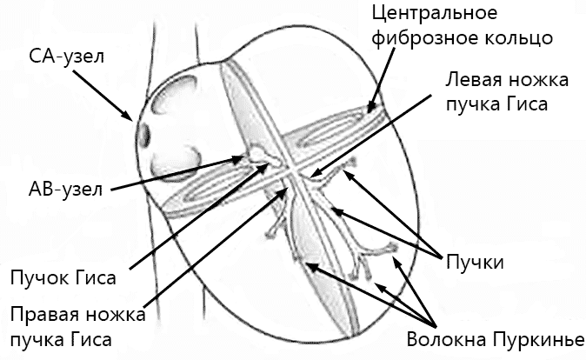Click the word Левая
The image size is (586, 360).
(x=474, y=81)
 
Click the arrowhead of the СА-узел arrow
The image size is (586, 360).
(x=130, y=117)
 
